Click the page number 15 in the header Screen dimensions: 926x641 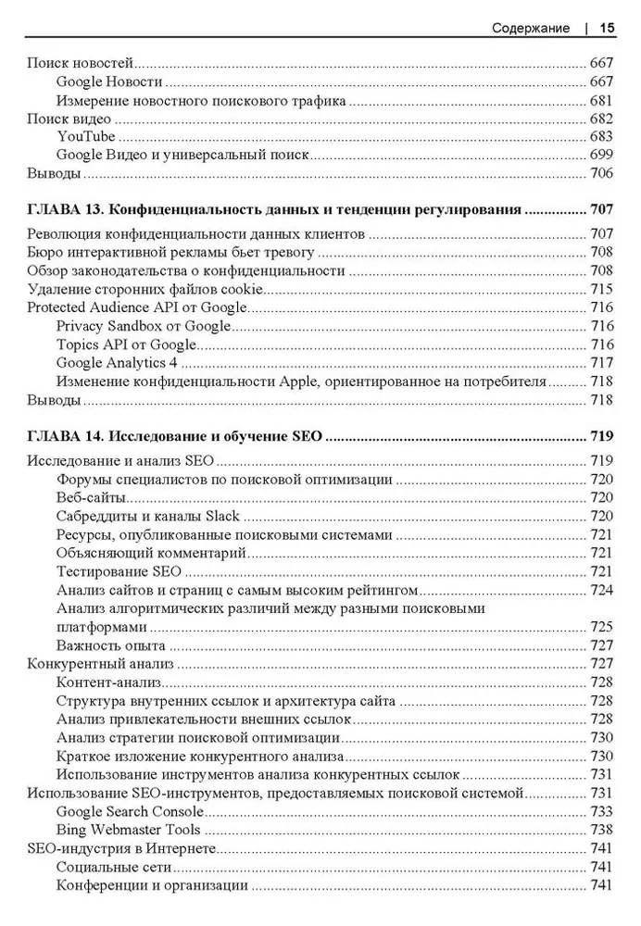pos(608,28)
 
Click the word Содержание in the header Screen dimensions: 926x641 pos(531,28)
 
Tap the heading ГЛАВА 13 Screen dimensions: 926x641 pos(66,211)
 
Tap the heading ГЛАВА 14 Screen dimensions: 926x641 pos(66,437)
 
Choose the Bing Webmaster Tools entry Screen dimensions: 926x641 pos(127,830)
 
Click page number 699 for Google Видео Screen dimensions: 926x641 pos(601,155)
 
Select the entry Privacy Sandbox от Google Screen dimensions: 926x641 pos(143,326)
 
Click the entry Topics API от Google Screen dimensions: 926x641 pos(126,344)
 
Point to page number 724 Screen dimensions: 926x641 pos(601,590)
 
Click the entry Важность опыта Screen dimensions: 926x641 pos(110,645)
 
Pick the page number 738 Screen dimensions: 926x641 pos(601,830)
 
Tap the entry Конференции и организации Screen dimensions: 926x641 pos(152,885)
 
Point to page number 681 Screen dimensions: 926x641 pos(601,100)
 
